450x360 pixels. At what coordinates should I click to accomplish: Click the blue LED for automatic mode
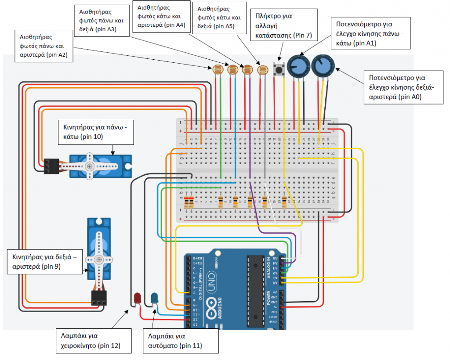155,299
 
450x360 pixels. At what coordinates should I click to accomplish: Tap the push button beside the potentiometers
279,69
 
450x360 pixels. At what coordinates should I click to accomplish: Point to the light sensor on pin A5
262,69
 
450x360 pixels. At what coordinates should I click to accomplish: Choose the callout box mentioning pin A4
161,16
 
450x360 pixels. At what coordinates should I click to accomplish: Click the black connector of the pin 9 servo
99,299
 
